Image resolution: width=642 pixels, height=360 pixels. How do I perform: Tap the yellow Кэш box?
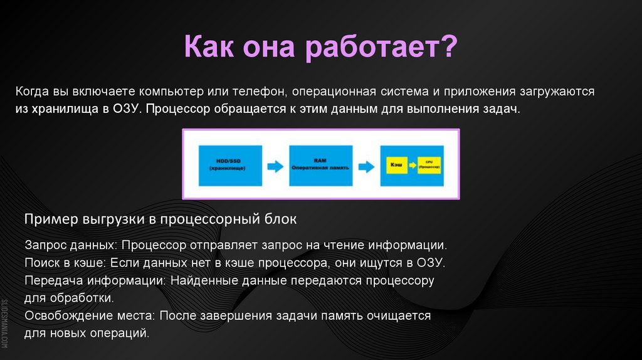pos(395,166)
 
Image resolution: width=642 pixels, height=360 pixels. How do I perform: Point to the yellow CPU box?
pos(429,166)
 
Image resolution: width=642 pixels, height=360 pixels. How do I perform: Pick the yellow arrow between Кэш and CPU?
pos(412,166)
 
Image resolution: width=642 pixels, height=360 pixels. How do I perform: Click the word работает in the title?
pos(382,48)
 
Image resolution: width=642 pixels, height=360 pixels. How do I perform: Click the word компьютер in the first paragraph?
pos(169,92)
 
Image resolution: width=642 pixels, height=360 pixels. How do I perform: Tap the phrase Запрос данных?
pos(71,245)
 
